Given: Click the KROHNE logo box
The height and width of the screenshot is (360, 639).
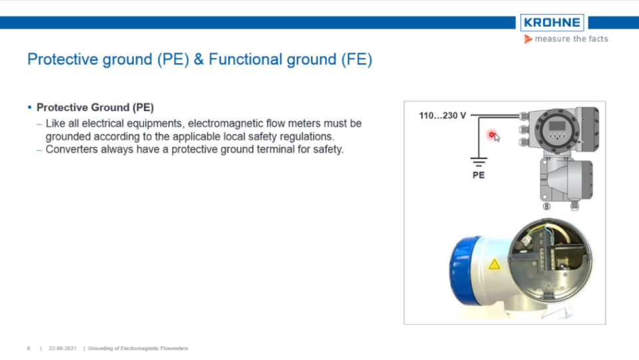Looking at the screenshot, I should pos(552,23).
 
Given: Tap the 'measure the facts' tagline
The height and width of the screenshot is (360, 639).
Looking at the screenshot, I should pos(570,39).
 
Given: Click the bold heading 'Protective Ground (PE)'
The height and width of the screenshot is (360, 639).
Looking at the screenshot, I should pos(95,108).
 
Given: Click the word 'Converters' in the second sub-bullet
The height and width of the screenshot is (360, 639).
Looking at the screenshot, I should pos(70,150).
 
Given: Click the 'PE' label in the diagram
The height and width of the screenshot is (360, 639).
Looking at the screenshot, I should pos(478,175).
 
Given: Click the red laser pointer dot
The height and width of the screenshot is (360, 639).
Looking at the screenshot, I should pos(492,135).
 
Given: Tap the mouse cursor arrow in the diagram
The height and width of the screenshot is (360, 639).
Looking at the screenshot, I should pos(497,138).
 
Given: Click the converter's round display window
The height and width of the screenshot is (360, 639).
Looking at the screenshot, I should pos(555,128).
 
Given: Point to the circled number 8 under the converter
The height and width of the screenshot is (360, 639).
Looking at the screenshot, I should pos(546,207).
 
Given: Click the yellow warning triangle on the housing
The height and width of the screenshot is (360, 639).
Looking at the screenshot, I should pos(494,264).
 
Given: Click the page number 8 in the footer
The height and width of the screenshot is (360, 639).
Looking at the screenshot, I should pos(29,348).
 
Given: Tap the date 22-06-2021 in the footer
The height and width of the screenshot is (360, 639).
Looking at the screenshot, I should pos(61,348).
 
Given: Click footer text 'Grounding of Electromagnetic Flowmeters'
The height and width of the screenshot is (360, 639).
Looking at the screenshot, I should pos(138,348).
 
